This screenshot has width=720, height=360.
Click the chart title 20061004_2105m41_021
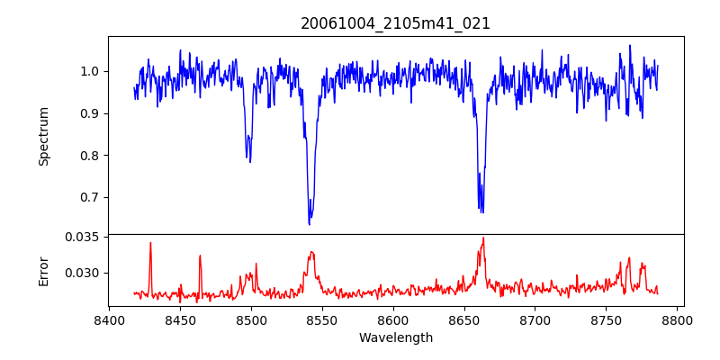[x=395, y=23]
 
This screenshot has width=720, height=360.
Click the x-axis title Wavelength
[x=395, y=338]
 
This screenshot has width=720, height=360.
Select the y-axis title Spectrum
[x=43, y=136]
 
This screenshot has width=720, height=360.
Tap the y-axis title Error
[x=43, y=270]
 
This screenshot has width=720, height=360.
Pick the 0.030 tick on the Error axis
[x=82, y=273]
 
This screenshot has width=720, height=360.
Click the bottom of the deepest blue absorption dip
[x=310, y=223]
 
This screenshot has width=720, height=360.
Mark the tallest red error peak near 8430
[x=150, y=243]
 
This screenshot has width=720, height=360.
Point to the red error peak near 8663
[x=483, y=238]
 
